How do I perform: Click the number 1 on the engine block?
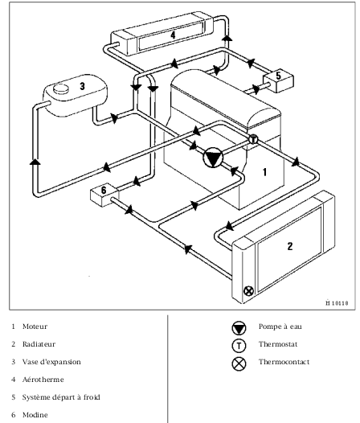265,172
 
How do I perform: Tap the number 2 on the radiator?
290,246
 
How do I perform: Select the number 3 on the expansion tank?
82,86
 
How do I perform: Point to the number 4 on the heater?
173,35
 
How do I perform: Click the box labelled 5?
278,80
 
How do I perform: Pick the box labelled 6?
104,195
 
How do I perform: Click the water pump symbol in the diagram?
213,158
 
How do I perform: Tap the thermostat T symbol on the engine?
253,140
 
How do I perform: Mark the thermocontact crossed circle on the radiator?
248,291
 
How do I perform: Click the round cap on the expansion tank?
61,88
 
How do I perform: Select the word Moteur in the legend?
35,326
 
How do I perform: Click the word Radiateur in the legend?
39,344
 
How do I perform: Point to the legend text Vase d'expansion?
51,362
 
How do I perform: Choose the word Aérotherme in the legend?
43,380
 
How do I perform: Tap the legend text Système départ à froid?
61,397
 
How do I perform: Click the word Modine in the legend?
35,415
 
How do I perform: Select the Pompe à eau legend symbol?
239,328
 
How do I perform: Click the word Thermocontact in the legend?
284,362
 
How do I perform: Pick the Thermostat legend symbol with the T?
239,346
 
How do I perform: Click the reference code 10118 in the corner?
340,303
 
